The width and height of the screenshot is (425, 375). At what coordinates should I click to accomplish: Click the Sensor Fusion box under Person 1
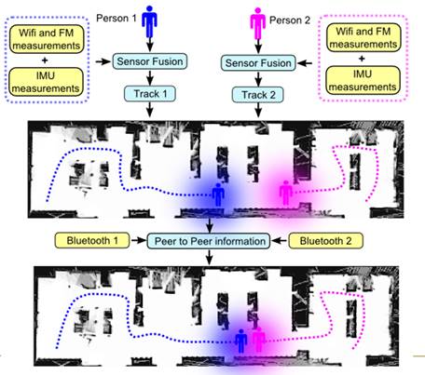coord(150,61)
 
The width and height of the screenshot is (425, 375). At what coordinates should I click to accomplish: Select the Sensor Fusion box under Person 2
coord(258,63)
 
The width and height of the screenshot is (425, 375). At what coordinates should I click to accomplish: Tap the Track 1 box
coord(150,94)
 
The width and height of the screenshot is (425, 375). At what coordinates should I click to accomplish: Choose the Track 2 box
coord(258,95)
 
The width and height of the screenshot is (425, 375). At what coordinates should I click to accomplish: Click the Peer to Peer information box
coord(209,241)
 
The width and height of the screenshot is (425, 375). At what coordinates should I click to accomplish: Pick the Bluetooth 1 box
coord(92,241)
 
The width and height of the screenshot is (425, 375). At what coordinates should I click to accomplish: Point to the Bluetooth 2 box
coord(325,241)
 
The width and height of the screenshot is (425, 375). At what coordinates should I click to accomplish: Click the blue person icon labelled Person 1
coord(149,21)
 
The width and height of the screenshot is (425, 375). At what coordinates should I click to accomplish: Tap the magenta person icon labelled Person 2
coord(257,23)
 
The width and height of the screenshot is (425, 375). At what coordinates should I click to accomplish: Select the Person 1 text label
coord(117,19)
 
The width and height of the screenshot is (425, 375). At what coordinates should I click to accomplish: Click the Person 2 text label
coord(290,20)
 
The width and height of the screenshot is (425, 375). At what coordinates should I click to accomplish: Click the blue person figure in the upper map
coord(218,194)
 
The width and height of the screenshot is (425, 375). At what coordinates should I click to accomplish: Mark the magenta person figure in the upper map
coord(285,193)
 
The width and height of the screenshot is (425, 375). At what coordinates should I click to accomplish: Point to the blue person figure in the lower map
coord(240,341)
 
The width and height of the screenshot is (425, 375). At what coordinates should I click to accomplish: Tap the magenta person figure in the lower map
coord(258,340)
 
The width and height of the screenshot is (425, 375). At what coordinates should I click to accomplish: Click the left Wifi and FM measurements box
coord(47,39)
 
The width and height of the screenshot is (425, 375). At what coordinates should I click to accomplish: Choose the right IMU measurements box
coord(363,80)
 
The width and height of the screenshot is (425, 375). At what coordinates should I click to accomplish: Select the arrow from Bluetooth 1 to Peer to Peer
coord(138,240)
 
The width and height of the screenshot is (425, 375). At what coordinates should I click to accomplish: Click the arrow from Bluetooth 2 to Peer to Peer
coord(280,240)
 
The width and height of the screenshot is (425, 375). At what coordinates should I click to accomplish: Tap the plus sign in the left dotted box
coord(45,60)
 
